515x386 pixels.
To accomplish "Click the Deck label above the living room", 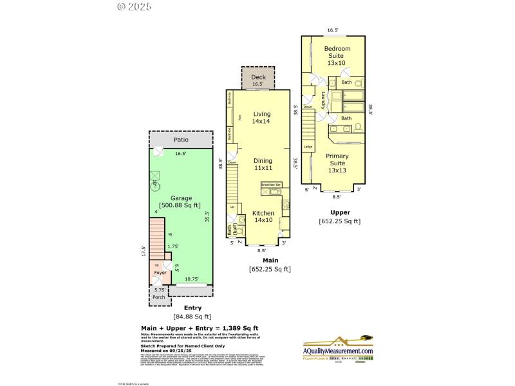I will click(x=257, y=77).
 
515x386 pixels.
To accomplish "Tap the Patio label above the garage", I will click(x=181, y=140).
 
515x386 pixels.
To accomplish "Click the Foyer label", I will click(x=160, y=273).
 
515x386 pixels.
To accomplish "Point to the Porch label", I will click(x=159, y=297).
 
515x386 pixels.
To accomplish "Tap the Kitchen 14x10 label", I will click(x=263, y=217).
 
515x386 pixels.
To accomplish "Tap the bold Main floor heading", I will click(x=261, y=260).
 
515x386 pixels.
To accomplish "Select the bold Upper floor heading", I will click(x=339, y=212).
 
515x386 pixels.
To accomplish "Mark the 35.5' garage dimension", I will click(x=207, y=217).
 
